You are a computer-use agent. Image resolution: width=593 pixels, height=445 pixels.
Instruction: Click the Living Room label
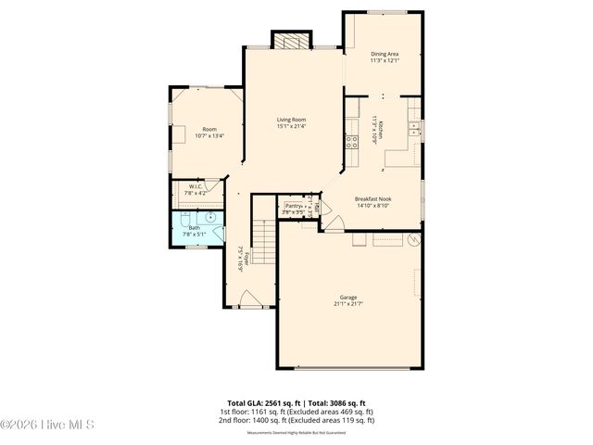click(x=292, y=119)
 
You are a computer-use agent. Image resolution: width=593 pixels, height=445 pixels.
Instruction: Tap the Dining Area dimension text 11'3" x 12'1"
click(x=385, y=61)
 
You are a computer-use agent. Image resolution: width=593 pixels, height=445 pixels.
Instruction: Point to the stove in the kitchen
click(x=352, y=142)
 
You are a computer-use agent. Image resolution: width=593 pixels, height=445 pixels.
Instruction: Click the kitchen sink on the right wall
click(x=414, y=128)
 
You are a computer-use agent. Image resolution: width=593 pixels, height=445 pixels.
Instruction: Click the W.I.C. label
click(x=196, y=186)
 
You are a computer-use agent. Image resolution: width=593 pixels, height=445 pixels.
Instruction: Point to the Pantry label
click(x=294, y=206)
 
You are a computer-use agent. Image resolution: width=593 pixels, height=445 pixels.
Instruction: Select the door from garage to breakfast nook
click(x=333, y=223)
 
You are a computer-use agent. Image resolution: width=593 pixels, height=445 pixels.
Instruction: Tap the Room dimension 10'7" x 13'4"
click(x=208, y=135)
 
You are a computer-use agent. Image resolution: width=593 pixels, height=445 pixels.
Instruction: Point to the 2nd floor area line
click(x=296, y=420)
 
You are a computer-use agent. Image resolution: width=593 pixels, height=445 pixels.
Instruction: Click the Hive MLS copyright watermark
click(x=46, y=426)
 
